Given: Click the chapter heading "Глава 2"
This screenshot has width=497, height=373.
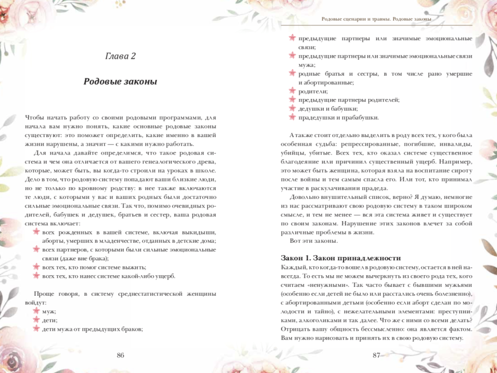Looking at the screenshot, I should (x=120, y=56).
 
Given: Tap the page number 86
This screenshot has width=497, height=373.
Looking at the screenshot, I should (x=120, y=355).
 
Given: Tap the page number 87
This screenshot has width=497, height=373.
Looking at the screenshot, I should (x=376, y=355).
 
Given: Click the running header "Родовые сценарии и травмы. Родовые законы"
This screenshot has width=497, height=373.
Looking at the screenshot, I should (x=376, y=19).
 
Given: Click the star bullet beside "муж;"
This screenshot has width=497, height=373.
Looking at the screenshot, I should (x=37, y=311).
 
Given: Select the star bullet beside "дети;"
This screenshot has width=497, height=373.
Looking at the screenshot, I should (x=37, y=320).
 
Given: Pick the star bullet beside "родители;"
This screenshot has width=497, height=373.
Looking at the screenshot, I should (x=292, y=91).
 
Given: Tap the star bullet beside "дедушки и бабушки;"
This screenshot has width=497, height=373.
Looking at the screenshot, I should (x=292, y=108).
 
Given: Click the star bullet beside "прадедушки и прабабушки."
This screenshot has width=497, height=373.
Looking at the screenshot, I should (x=292, y=117).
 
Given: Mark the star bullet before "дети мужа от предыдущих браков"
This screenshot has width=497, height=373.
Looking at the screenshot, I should (x=37, y=329).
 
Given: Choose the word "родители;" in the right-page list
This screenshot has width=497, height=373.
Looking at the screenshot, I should (x=313, y=91).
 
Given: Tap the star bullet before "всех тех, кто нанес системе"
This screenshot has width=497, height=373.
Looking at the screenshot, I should (x=37, y=276).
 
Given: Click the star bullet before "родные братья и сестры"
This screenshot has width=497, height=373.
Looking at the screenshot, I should (x=292, y=74).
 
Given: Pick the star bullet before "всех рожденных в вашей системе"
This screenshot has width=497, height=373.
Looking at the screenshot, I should (x=37, y=232).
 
